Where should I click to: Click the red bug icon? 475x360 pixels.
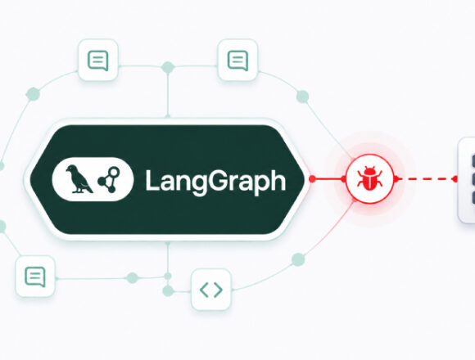click(x=369, y=178)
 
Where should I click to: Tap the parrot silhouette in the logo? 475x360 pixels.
click(x=79, y=179)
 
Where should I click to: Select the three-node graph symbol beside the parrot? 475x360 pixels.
click(x=109, y=179)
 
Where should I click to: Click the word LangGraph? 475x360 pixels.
click(x=215, y=181)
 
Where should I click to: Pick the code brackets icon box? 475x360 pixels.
click(x=211, y=290)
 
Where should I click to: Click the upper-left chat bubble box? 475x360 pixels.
click(x=97, y=60)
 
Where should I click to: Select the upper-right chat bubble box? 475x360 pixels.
click(x=237, y=60)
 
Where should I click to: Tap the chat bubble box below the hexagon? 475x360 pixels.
click(x=35, y=277)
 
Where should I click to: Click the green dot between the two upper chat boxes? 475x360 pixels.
click(x=168, y=67)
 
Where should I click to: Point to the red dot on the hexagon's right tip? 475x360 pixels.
click(x=312, y=179)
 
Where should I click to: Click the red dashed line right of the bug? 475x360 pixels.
click(x=425, y=179)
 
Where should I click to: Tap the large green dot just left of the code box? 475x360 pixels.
click(x=168, y=291)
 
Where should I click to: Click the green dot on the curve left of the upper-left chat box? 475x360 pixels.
click(x=33, y=94)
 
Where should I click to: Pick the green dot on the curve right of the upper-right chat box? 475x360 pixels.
click(x=302, y=97)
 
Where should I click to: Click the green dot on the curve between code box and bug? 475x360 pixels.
click(x=298, y=259)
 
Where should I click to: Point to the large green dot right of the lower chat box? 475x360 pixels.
click(x=132, y=277)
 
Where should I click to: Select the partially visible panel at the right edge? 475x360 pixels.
click(x=467, y=180)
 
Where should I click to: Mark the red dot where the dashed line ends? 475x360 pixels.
click(x=455, y=179)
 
